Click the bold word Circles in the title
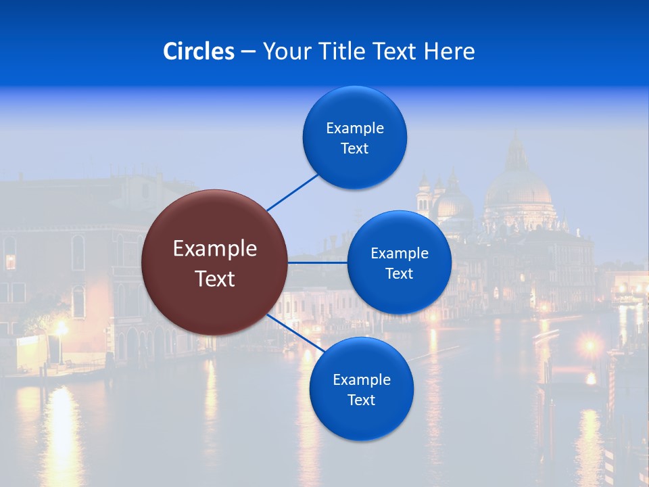tap(199, 51)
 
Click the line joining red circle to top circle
tap(293, 192)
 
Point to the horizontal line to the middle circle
tap(318, 262)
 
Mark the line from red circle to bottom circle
tap(295, 333)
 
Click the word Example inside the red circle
tap(215, 249)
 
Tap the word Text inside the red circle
tap(215, 279)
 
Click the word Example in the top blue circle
tap(355, 129)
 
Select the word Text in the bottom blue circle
tap(361, 400)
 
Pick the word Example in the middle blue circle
tap(400, 254)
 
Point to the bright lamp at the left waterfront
tap(62, 329)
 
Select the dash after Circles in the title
tap(247, 52)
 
